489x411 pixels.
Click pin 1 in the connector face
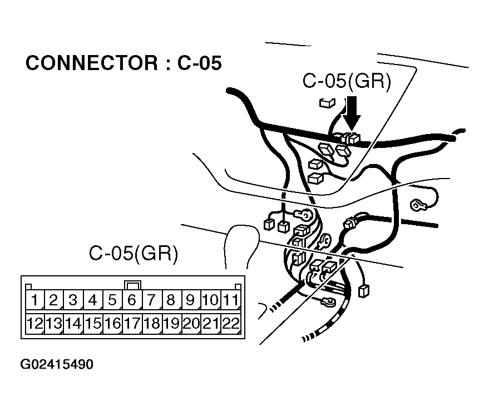(x=34, y=301)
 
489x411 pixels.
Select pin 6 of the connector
(x=132, y=301)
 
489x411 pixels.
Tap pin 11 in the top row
(x=230, y=301)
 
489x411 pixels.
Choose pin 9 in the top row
(x=190, y=301)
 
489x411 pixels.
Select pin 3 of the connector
(x=73, y=301)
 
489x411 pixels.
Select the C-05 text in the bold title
(x=199, y=63)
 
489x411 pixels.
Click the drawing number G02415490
(x=57, y=365)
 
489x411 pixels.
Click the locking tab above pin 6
(x=132, y=285)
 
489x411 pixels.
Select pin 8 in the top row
(x=171, y=301)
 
